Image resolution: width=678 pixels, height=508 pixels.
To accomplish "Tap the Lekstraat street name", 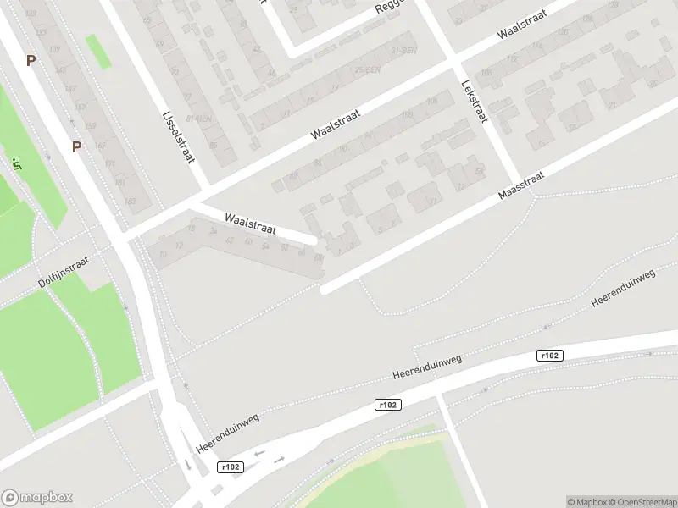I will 473,101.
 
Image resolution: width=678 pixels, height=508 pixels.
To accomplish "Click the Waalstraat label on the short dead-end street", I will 251,224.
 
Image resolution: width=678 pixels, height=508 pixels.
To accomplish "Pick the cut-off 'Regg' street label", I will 392,8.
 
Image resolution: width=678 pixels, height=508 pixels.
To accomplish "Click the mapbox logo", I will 36,497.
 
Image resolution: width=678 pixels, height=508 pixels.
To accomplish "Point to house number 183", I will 130,201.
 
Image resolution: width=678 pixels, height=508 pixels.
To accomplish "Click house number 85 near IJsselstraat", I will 212,146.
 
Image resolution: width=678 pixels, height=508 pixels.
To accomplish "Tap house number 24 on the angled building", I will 212,238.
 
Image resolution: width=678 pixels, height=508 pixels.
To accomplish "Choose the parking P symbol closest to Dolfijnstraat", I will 76,146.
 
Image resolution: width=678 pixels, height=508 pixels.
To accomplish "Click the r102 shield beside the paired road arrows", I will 229,467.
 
